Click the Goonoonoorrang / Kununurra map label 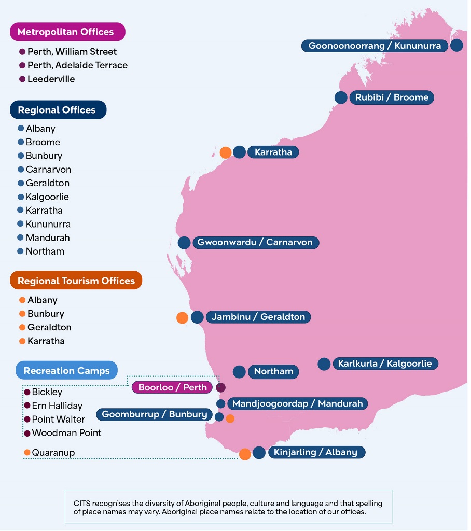coord(375,46)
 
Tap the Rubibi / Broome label coord(392,97)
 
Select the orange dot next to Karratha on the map coord(226,152)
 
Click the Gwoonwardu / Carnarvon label coord(255,243)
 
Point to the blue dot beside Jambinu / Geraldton coord(197,317)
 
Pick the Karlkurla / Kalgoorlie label coord(384,364)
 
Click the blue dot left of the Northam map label coord(239,371)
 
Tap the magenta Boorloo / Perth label coord(172,387)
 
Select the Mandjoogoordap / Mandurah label coord(297,403)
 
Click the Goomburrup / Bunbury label coord(154,414)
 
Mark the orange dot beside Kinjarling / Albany coord(245,454)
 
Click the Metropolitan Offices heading coord(65,32)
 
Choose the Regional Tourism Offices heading coord(76,281)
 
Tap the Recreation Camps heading coord(66,371)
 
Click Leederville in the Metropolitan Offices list coord(51,79)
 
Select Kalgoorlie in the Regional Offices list coord(47,197)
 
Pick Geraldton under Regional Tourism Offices coord(49,328)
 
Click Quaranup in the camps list coord(53,453)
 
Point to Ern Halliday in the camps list coord(57,406)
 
